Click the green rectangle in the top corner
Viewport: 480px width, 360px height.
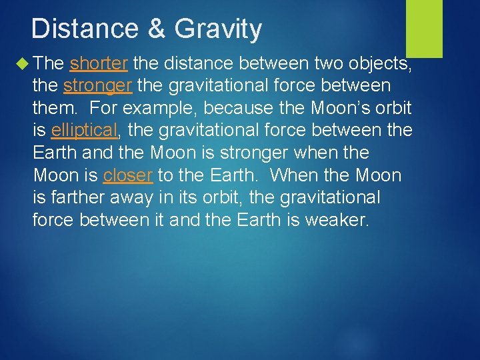click(x=424, y=28)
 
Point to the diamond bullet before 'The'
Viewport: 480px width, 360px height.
click(x=25, y=64)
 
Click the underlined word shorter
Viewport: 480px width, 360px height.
click(x=99, y=63)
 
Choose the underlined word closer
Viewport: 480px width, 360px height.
click(x=128, y=175)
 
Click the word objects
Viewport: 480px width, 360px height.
click(x=377, y=64)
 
